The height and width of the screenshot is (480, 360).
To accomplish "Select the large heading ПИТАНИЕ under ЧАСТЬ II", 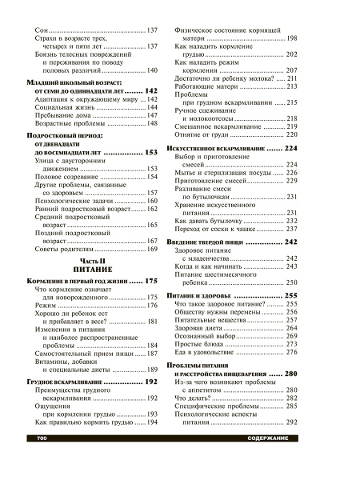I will tap(93, 271).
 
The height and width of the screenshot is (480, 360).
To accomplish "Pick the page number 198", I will tap(291, 38).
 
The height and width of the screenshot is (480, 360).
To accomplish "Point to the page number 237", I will tap(291, 228).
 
